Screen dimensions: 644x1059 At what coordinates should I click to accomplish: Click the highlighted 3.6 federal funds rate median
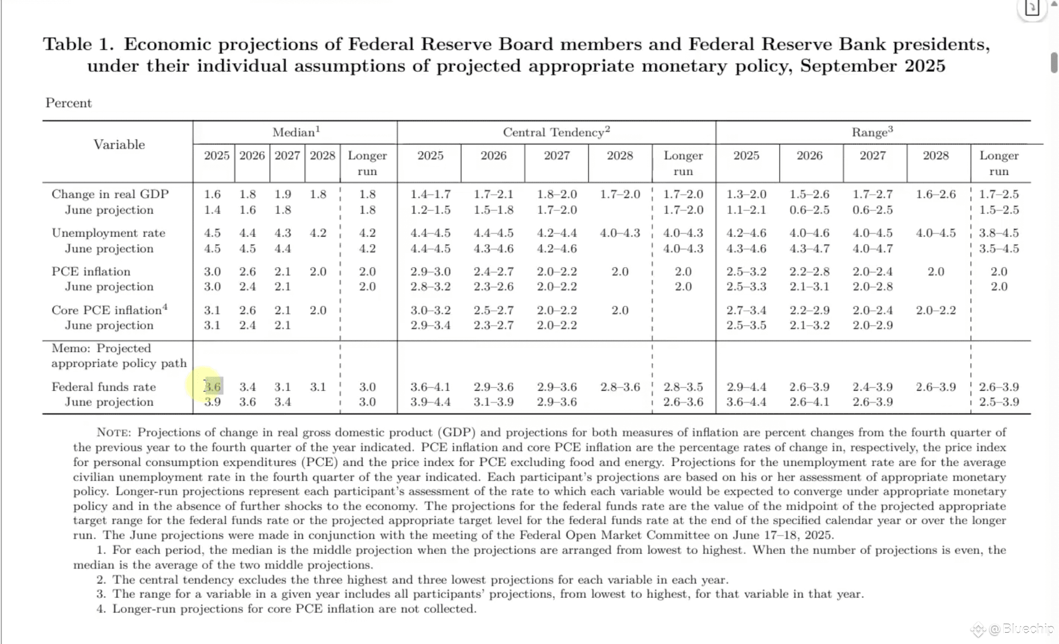[213, 387]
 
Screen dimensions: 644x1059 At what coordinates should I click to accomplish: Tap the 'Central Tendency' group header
[556, 133]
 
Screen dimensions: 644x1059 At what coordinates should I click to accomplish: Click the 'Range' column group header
[872, 133]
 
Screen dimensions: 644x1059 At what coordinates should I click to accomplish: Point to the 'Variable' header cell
[119, 145]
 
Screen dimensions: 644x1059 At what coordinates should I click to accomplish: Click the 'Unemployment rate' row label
[108, 233]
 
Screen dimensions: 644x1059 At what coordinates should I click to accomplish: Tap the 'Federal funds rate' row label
[103, 387]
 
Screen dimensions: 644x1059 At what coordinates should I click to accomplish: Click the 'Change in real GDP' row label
[110, 195]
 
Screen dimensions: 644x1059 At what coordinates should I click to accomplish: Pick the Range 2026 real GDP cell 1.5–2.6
[809, 195]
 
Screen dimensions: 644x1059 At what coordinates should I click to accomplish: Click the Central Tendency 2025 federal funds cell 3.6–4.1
[430, 387]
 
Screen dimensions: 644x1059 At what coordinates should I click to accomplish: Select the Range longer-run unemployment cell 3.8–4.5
[999, 233]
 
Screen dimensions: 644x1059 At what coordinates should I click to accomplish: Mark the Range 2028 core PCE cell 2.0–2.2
[936, 310]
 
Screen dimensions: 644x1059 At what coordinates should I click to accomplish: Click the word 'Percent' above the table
[68, 103]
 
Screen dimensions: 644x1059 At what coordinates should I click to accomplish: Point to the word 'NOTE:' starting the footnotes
[114, 433]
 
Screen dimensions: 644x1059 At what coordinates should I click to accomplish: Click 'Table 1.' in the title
[78, 45]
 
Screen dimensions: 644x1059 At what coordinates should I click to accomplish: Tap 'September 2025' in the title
[872, 66]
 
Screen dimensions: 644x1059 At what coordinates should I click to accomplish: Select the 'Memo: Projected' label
[101, 349]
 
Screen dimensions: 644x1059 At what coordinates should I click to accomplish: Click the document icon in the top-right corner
[1032, 8]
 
